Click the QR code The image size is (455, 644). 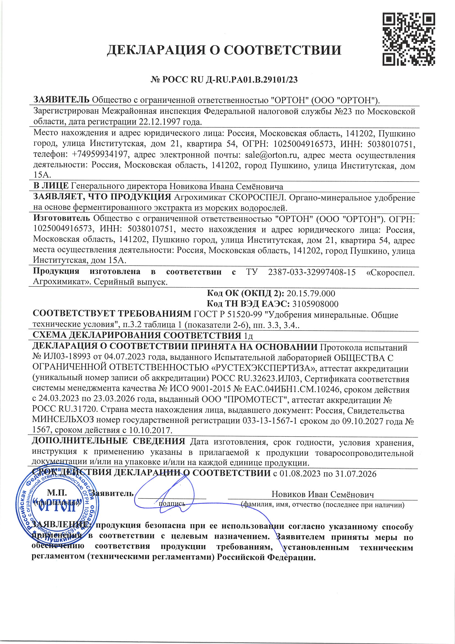[409, 39]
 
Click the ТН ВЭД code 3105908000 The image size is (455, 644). [315, 304]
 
